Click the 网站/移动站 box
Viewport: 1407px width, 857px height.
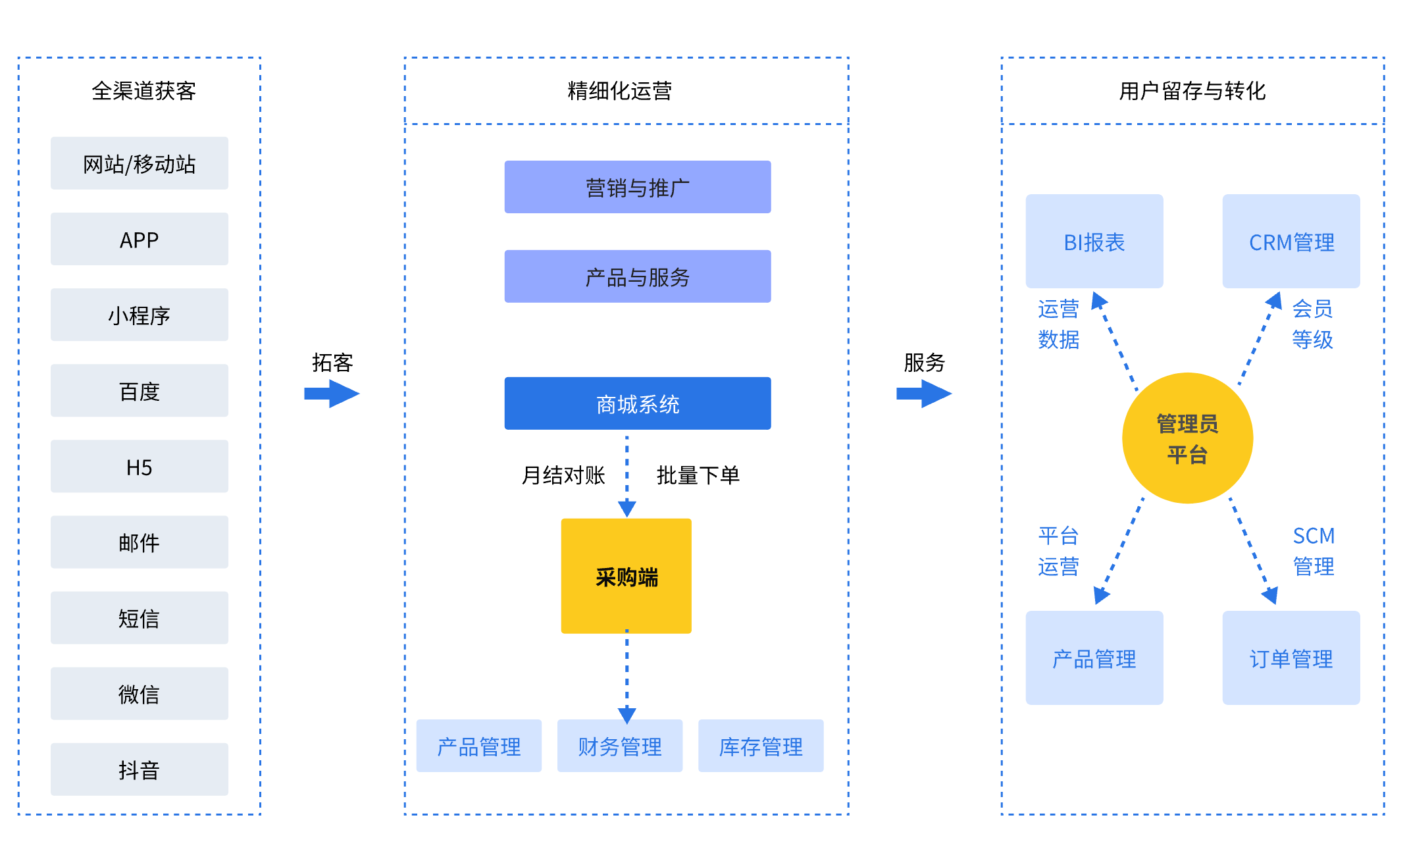pos(140,163)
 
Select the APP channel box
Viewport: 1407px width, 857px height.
pos(140,239)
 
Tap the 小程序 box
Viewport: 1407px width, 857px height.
pos(140,315)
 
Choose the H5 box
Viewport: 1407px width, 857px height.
pos(140,467)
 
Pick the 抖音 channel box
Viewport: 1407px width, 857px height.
pos(140,769)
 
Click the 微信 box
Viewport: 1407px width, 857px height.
pos(140,694)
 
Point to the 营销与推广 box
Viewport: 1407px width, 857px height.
pos(637,188)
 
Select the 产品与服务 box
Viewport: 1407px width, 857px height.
pos(637,276)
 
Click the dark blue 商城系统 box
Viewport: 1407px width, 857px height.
pos(637,403)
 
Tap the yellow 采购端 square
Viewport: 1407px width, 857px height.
pos(626,576)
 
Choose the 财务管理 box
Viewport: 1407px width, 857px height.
pos(620,746)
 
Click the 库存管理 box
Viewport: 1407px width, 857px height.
pos(761,746)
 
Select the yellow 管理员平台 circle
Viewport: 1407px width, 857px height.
pos(1187,438)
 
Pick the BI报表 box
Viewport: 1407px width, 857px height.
pos(1094,242)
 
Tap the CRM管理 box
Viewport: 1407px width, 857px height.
pos(1291,242)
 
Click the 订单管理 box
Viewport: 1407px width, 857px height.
pos(1291,658)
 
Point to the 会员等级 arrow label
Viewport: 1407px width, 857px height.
pos(1312,324)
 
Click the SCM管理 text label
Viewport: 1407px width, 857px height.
pos(1314,551)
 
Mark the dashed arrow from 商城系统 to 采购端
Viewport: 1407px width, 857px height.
pos(627,474)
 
